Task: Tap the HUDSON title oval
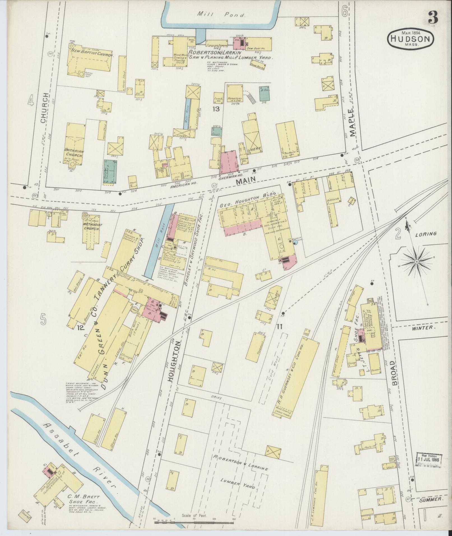tap(411, 39)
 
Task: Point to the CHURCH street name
tap(44, 108)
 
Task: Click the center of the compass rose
tap(416, 261)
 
